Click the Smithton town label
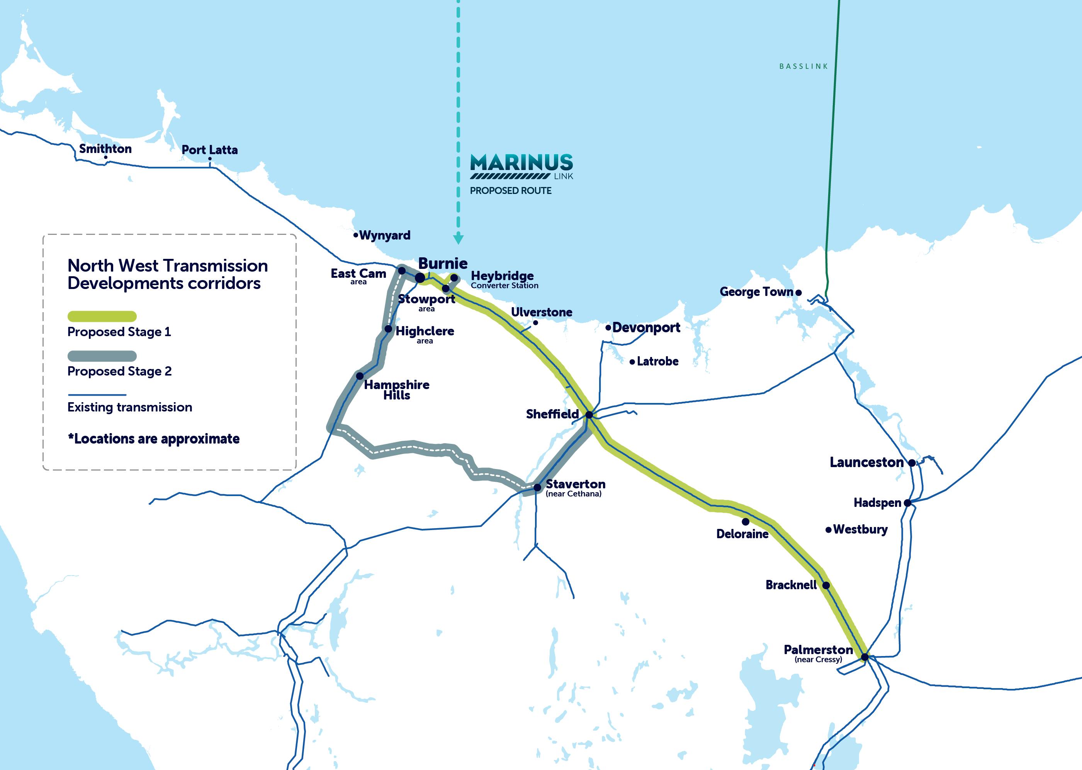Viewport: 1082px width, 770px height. click(105, 149)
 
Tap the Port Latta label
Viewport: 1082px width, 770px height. click(209, 150)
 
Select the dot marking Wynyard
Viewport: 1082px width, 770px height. click(356, 235)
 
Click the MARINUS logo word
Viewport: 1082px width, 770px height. click(521, 163)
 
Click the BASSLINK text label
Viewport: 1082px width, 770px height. click(803, 66)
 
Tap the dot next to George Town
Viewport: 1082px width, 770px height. click(798, 292)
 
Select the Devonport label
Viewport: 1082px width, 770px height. click(646, 327)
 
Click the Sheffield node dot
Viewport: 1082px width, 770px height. click(589, 415)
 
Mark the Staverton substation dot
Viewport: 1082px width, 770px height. click(537, 488)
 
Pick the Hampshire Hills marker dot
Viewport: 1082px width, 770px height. click(360, 376)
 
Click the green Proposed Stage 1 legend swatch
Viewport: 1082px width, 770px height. click(102, 316)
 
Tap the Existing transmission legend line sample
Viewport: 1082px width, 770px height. click(97, 394)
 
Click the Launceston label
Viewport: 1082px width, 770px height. click(866, 462)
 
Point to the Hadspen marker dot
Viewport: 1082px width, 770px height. click(907, 503)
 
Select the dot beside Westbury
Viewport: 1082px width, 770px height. click(829, 530)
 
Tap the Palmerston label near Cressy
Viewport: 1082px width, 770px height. click(818, 649)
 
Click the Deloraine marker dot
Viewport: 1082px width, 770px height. click(746, 522)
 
